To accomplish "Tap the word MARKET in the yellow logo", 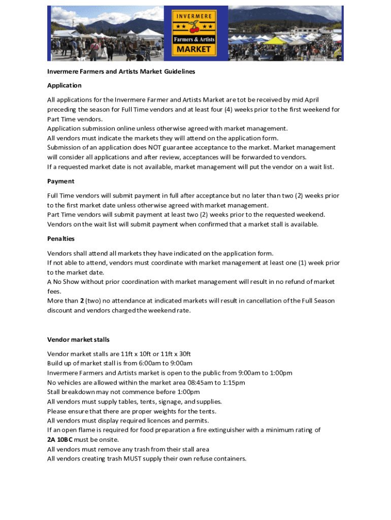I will click(x=194, y=49).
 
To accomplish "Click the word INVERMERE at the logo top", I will click(x=194, y=16).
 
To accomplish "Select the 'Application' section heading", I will click(x=64, y=85).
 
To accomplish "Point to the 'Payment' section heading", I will click(x=61, y=181).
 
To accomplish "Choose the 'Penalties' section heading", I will click(x=61, y=239).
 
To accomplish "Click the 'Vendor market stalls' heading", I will click(x=78, y=339).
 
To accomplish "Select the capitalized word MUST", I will click(x=128, y=459).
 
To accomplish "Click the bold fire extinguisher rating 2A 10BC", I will click(x=64, y=440).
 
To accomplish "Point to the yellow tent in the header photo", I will click(x=276, y=41).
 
